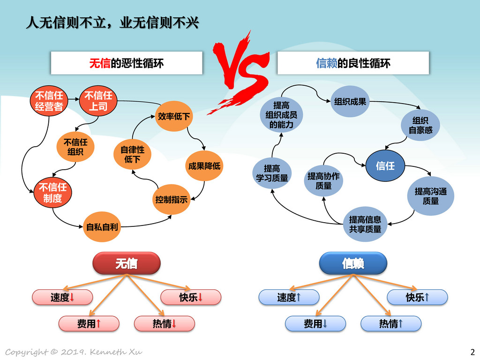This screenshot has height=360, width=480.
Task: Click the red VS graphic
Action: click(x=239, y=72)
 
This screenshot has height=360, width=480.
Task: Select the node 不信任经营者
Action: click(x=49, y=101)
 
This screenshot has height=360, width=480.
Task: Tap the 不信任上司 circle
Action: click(x=98, y=101)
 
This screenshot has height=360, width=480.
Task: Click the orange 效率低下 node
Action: click(x=174, y=116)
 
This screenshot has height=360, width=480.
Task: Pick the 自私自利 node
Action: click(x=102, y=227)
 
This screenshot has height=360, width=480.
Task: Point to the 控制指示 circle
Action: click(x=172, y=200)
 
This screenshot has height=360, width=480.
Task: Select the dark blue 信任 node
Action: click(x=385, y=165)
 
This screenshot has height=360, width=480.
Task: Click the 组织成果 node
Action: click(x=350, y=101)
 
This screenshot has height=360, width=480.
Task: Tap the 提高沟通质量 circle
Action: click(x=430, y=196)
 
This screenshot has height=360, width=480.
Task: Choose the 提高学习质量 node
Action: click(x=272, y=173)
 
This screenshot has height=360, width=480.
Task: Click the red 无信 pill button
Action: click(x=127, y=263)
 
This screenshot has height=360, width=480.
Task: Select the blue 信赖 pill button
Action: click(x=353, y=263)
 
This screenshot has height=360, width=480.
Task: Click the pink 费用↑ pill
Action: click(x=89, y=323)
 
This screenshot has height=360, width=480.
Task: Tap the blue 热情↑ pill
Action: click(x=391, y=323)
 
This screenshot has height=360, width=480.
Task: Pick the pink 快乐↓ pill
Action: click(x=191, y=297)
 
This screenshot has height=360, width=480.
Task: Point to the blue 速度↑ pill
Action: click(x=289, y=297)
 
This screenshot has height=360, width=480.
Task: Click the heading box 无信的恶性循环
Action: click(x=127, y=63)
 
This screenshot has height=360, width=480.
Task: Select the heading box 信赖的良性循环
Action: click(x=353, y=63)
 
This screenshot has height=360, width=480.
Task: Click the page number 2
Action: click(x=472, y=352)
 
